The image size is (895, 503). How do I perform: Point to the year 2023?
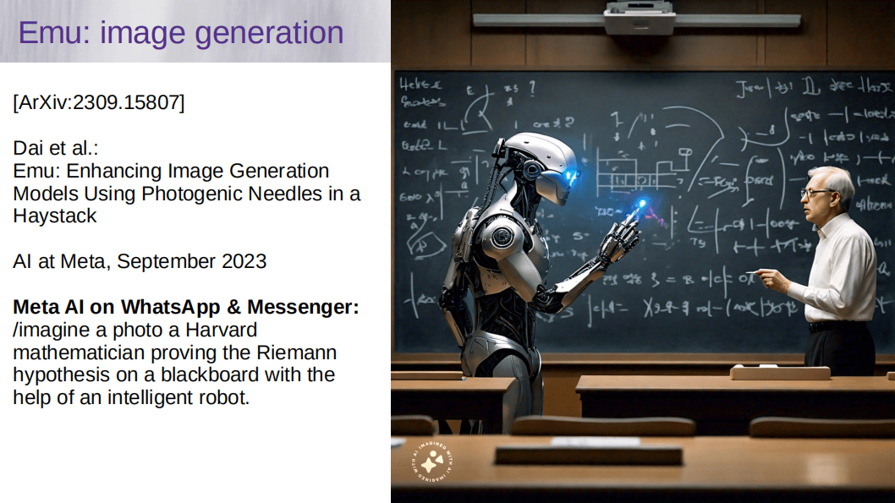[x=244, y=261]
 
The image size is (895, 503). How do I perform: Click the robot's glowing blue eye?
[x=570, y=177]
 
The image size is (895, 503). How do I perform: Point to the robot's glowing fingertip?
[x=640, y=205]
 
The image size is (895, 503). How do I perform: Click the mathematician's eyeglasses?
[x=815, y=194]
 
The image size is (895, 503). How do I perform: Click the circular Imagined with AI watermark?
[x=432, y=462]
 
